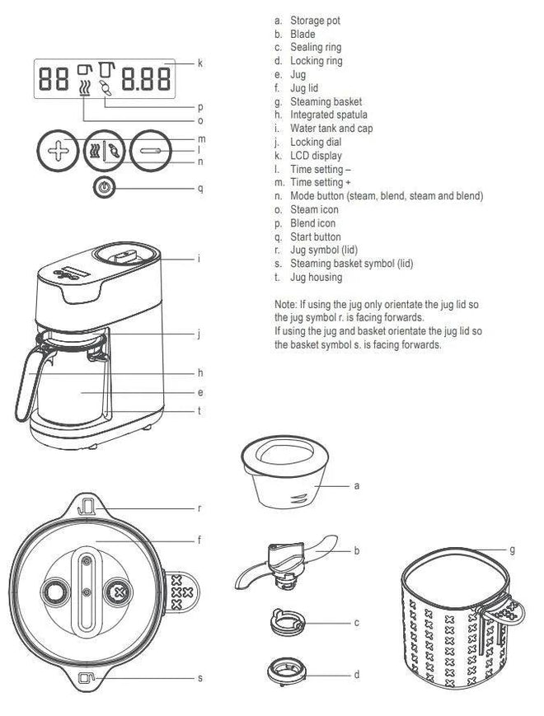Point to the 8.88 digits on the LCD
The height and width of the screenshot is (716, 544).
point(147,79)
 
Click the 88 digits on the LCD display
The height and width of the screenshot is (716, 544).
point(54,79)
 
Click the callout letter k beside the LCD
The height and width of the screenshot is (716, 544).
point(199,63)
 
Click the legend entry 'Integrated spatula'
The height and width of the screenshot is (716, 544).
point(328,115)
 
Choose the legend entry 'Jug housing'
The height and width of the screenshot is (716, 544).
point(315,278)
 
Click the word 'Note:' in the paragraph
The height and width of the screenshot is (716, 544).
point(286,304)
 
